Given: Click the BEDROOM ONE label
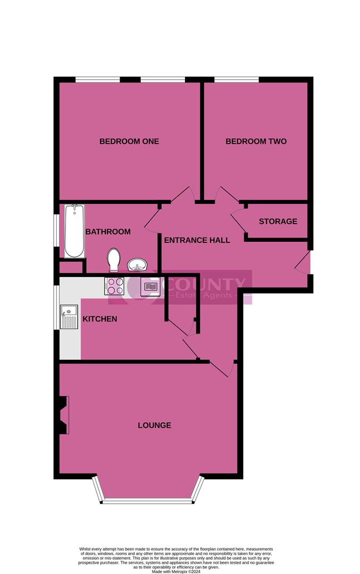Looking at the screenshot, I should point(129,141).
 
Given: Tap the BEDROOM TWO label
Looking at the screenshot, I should point(256,141).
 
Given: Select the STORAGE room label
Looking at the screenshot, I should point(278,221).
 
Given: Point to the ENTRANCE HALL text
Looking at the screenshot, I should point(197,240).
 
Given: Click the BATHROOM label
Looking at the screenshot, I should point(108,232).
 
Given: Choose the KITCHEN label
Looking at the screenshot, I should point(100,319).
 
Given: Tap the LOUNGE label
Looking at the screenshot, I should point(154,425).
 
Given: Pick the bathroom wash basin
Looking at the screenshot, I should point(138,264).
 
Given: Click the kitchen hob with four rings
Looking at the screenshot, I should point(115,286).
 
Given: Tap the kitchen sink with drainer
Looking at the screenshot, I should point(69,317).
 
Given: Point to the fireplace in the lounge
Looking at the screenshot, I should point(64,415).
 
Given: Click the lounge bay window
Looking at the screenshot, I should point(148,500).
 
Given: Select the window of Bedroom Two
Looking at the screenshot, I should point(236,80).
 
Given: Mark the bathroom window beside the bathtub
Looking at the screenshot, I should point(56,230).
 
